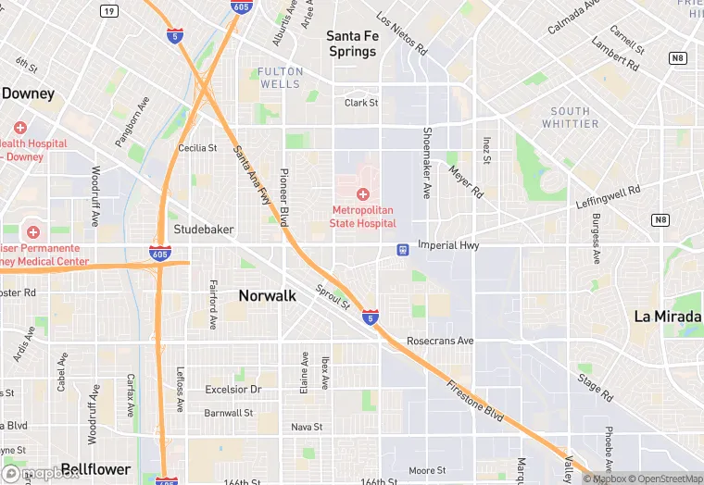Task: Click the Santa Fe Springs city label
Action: pos(353,44)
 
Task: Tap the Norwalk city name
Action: pos(267,296)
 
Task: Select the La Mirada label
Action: pos(668,316)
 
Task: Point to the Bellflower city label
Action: pos(94,469)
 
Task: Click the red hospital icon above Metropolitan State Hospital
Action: pos(363,194)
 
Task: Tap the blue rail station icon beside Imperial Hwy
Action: pos(403,249)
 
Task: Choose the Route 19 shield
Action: pos(110,11)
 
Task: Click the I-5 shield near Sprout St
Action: pos(370,317)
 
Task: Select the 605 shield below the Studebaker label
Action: pos(158,253)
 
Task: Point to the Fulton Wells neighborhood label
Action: pos(279,78)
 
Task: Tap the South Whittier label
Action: pos(570,118)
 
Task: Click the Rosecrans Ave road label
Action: pos(440,341)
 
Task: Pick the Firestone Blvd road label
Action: pos(474,401)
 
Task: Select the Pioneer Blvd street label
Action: pos(285,197)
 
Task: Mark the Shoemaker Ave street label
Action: pos(426,163)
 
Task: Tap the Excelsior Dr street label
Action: pos(233,390)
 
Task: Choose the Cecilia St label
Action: pos(197,147)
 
